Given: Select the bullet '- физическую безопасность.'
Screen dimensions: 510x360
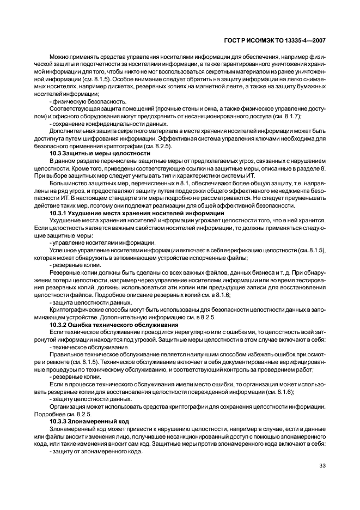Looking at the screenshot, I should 80,102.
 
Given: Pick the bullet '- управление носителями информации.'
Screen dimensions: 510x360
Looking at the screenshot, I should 94,242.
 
